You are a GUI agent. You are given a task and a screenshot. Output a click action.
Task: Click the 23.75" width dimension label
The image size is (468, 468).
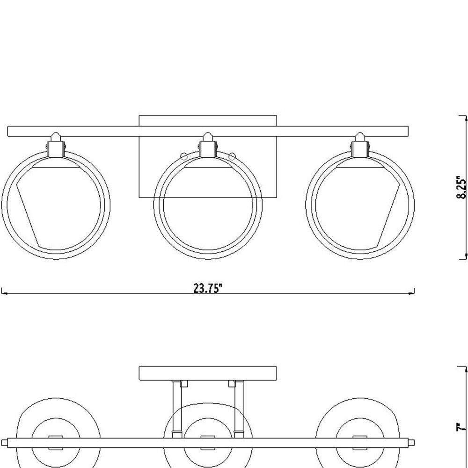coord(208,289)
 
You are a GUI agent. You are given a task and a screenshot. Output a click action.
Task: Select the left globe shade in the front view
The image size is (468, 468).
coord(56,205)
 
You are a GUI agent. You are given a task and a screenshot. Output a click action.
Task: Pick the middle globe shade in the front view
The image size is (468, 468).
coord(208,205)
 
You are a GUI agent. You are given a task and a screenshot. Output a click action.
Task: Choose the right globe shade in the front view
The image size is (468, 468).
coord(360,205)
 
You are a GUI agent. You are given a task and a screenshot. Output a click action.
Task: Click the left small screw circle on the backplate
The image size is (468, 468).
coord(184,156)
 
